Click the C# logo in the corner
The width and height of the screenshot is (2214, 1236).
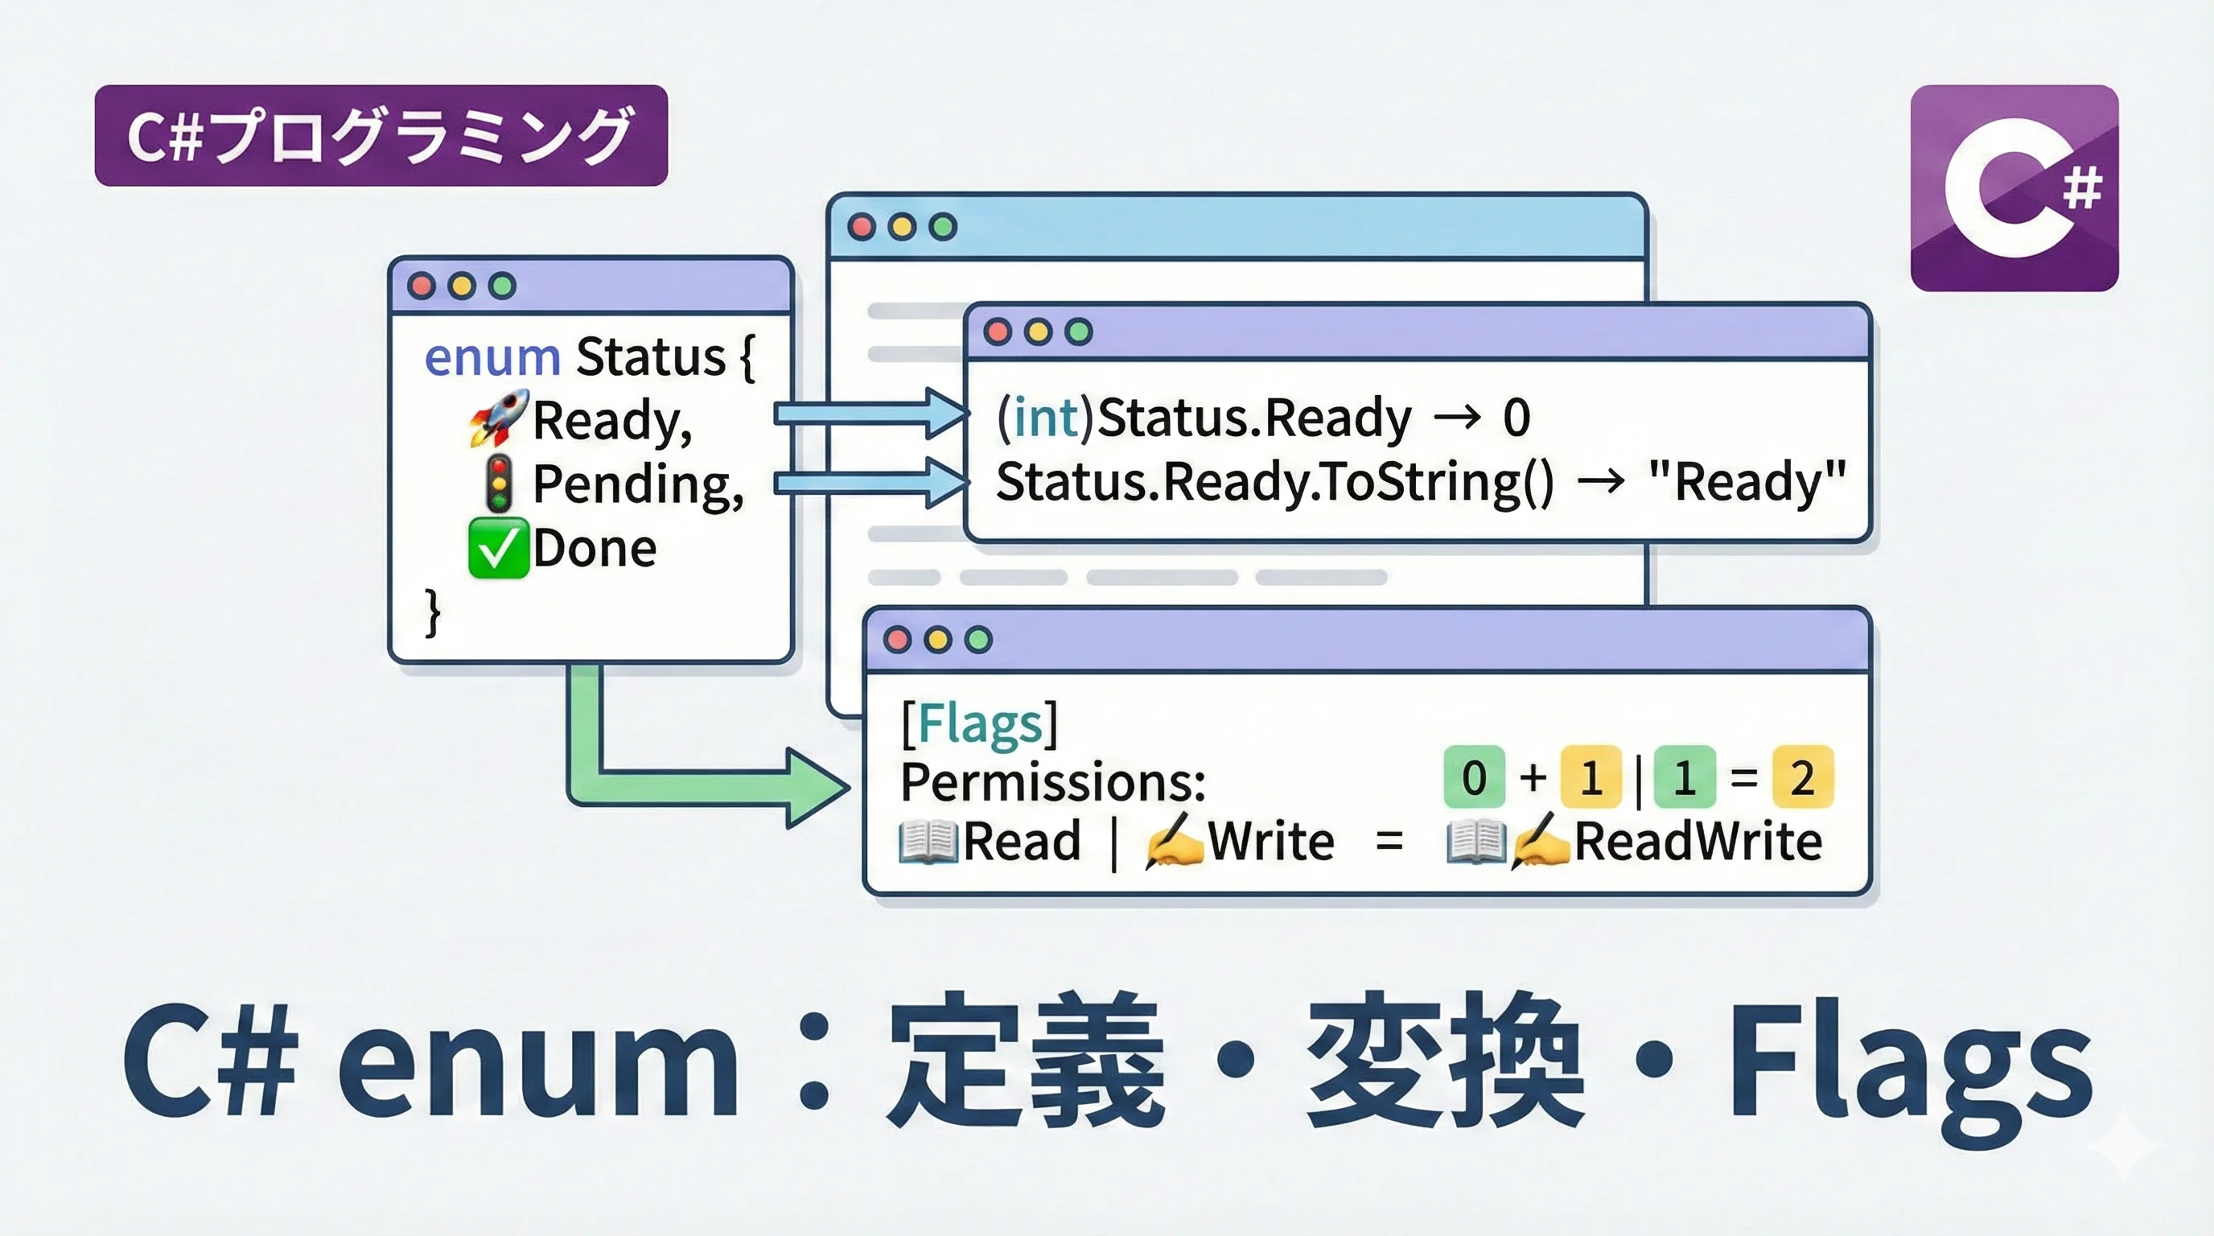tap(2014, 188)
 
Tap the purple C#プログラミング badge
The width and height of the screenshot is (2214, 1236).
tap(381, 136)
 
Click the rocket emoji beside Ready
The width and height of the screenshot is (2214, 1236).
tap(498, 418)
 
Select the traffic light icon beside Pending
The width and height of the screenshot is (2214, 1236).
tap(499, 483)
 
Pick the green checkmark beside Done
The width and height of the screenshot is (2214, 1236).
tap(498, 547)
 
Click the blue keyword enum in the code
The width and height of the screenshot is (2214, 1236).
tap(492, 356)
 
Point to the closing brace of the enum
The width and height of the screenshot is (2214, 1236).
tap(433, 612)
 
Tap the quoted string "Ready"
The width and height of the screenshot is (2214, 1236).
tap(1747, 481)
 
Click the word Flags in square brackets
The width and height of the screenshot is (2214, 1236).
tap(980, 723)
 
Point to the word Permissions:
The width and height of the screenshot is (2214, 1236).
tap(1053, 781)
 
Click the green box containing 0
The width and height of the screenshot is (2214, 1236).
tap(1474, 777)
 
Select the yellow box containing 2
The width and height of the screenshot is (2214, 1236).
tap(1802, 777)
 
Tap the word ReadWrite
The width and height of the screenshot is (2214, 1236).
tap(1698, 841)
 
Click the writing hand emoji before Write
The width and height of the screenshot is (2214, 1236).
tap(1174, 840)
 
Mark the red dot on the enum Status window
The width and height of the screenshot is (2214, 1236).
tap(421, 286)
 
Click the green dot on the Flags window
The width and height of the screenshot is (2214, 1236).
tap(978, 640)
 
